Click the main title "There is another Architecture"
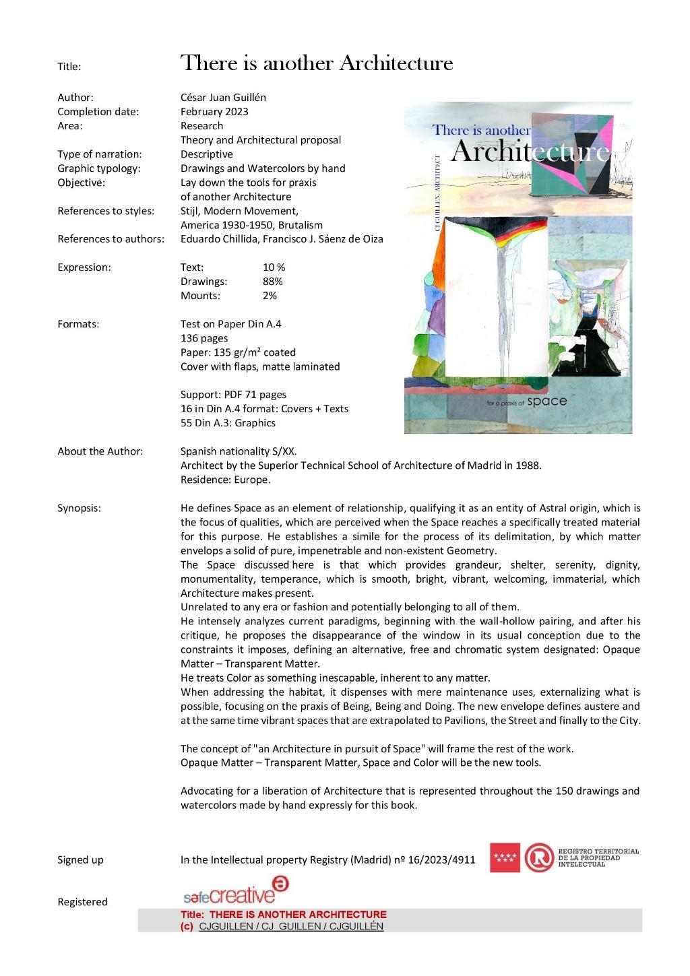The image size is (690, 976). (x=317, y=63)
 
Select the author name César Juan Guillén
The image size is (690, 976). (x=223, y=97)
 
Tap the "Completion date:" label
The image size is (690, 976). (x=98, y=111)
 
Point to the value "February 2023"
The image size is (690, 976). (x=214, y=111)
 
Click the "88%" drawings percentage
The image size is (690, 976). (x=272, y=282)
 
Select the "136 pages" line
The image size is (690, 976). (x=204, y=338)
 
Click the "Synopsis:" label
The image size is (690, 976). (x=79, y=508)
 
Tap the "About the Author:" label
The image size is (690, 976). (x=100, y=451)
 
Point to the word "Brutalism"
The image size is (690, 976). (x=300, y=225)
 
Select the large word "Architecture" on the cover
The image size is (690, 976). (x=530, y=152)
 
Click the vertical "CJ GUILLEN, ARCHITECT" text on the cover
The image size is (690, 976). (x=438, y=193)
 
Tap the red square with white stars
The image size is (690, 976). (x=505, y=857)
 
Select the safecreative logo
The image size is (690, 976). (x=235, y=890)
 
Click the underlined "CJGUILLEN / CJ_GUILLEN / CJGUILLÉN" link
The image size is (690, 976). (x=291, y=925)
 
